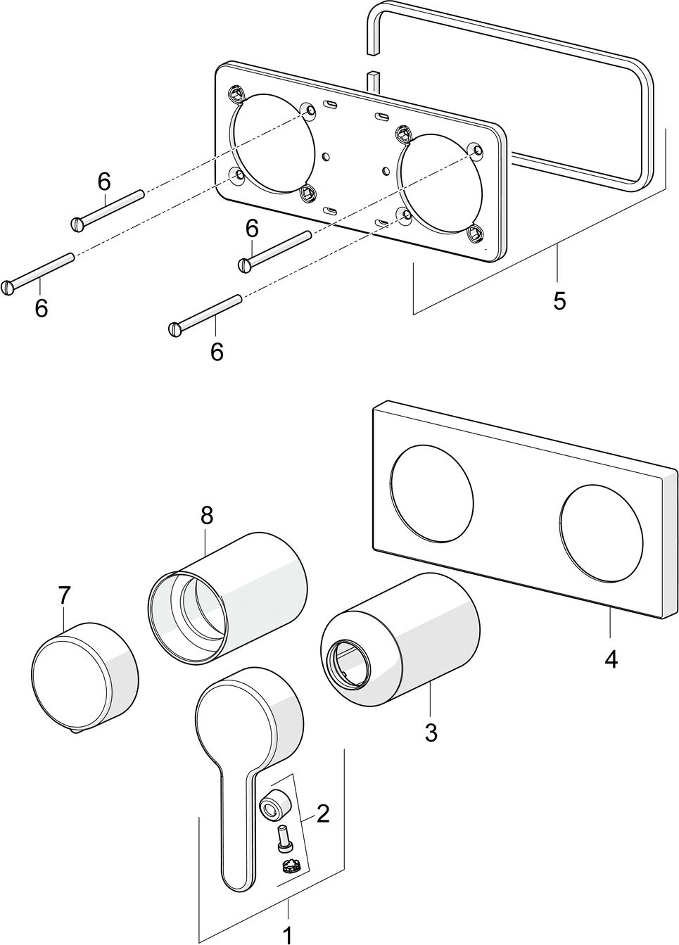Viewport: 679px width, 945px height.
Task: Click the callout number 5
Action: [559, 300]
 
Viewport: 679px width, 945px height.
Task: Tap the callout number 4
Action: [611, 659]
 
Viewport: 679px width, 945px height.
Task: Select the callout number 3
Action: [431, 732]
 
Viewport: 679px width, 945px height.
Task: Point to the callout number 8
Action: [205, 516]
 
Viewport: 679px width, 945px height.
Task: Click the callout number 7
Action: [64, 595]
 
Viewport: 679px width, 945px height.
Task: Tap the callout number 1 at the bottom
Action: [287, 934]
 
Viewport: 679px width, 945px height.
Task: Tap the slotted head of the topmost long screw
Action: [77, 224]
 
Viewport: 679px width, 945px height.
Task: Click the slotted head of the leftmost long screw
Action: [8, 287]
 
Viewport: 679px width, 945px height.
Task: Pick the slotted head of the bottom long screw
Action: [176, 328]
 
